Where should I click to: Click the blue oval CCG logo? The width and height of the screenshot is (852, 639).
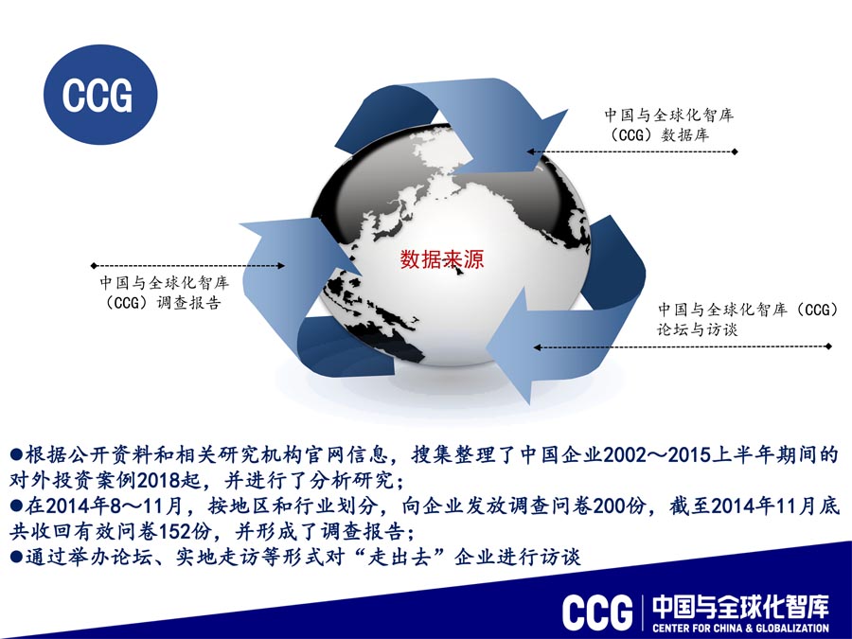click(100, 95)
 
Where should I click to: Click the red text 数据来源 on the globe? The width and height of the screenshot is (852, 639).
click(442, 258)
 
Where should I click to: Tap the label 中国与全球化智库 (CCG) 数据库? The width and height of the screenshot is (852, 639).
click(669, 125)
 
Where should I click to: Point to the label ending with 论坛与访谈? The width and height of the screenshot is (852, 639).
click(748, 319)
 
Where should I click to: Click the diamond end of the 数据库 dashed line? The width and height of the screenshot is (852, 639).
click(736, 151)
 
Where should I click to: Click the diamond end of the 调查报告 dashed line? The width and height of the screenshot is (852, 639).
click(94, 266)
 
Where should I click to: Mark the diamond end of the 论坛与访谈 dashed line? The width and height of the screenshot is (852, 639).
click(828, 346)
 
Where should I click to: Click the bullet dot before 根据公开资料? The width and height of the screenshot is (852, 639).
click(16, 454)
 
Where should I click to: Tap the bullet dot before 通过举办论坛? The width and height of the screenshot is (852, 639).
click(16, 557)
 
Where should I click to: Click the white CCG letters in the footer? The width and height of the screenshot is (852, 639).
click(597, 612)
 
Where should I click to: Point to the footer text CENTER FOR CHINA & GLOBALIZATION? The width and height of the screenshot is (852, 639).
click(740, 629)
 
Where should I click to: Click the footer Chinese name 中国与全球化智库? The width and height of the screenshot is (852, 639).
click(740, 607)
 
